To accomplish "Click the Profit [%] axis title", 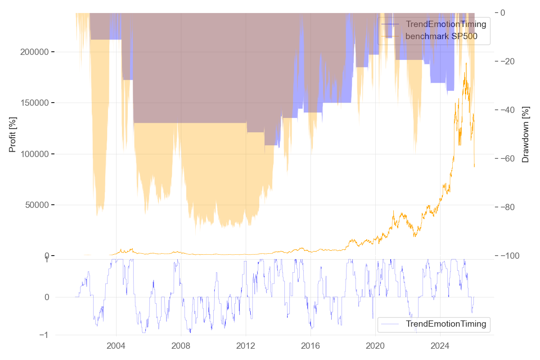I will coord(12,135).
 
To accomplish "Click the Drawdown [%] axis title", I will coord(525,135).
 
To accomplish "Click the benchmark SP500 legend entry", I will coord(441,36).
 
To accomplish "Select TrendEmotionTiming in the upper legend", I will coord(446,24).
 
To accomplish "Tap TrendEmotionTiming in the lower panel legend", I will coord(446,324).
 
